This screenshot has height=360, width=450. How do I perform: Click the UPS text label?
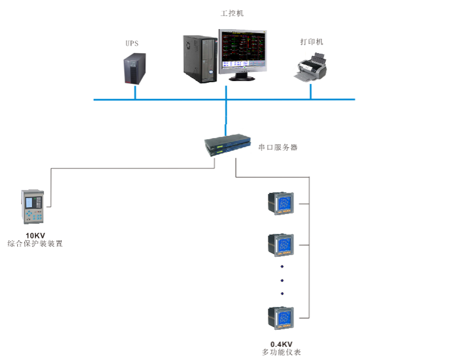click(x=132, y=43)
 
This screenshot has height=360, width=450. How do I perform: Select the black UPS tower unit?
click(x=135, y=69)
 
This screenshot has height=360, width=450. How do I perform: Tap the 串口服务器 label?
click(x=278, y=147)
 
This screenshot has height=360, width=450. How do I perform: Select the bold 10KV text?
click(x=35, y=235)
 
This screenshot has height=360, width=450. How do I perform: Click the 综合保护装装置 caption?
click(x=35, y=244)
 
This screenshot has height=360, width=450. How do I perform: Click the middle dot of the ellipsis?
click(x=282, y=280)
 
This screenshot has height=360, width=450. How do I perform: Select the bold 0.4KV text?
click(x=282, y=344)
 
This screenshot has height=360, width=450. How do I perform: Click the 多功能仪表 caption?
click(x=282, y=353)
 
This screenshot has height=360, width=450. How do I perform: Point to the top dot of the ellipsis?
click(x=282, y=266)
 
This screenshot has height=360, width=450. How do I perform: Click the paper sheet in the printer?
click(x=316, y=58)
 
